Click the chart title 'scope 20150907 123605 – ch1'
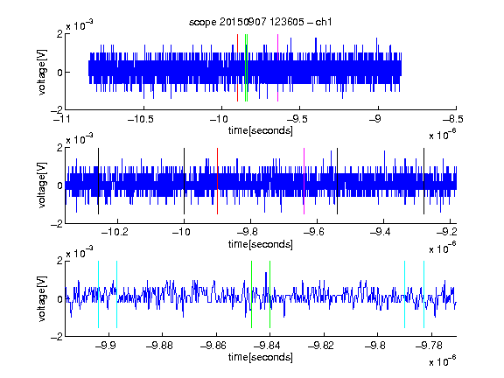(261, 22)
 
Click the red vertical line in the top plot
(237, 68)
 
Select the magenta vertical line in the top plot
(277, 68)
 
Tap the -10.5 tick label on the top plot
(141, 120)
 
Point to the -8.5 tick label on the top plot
(453, 120)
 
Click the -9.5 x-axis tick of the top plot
(299, 108)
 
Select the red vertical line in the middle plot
(217, 181)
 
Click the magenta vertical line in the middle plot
(304, 181)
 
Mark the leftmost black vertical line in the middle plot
(98, 181)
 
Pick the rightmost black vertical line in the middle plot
(424, 181)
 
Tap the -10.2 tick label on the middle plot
(115, 232)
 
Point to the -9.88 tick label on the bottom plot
(159, 346)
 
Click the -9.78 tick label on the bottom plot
(429, 346)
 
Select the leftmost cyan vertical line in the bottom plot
(98, 294)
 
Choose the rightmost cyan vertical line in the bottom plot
(424, 294)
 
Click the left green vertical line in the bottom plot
(252, 294)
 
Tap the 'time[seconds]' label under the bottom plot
(261, 357)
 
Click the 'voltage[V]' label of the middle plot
(42, 185)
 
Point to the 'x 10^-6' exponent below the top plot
(443, 135)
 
